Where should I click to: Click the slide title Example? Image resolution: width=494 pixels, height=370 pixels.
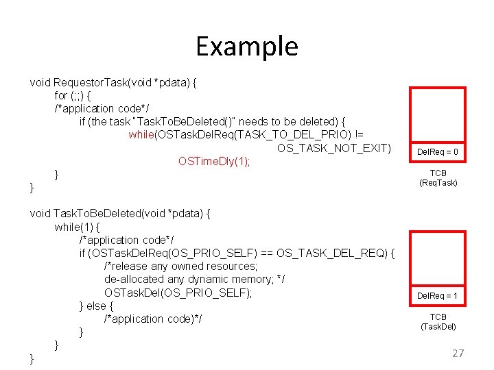[x=247, y=47]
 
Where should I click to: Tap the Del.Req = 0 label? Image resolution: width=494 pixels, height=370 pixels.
[x=438, y=151]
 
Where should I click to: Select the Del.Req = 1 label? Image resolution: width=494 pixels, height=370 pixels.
[x=438, y=296]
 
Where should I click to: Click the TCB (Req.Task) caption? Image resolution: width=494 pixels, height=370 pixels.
[x=438, y=178]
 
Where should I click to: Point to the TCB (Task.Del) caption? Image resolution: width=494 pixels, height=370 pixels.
[x=438, y=321]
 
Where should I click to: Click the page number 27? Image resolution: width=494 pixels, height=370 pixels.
[x=458, y=354]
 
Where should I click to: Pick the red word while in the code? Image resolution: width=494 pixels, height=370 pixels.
[x=141, y=135]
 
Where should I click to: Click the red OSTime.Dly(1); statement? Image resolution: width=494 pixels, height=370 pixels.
[x=214, y=162]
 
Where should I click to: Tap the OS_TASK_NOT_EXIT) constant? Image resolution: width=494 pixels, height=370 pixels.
[x=333, y=148]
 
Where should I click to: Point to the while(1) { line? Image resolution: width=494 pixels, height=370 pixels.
[x=78, y=226]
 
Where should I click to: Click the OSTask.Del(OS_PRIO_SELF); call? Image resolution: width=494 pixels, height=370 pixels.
[x=178, y=293]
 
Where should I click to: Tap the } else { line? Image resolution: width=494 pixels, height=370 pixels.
[x=97, y=306]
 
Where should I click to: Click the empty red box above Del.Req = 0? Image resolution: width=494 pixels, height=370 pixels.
[x=438, y=114]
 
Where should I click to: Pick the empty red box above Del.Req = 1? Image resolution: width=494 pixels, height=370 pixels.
[x=438, y=258]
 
